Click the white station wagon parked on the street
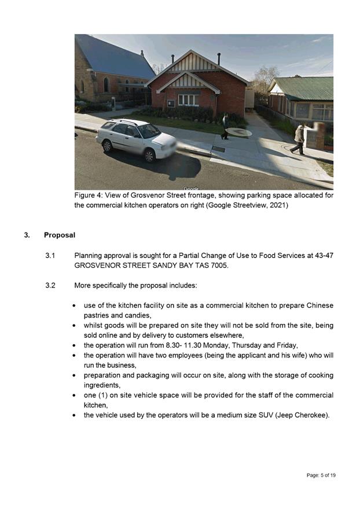137,138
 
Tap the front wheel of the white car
149,154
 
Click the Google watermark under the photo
191,189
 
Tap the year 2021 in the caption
277,205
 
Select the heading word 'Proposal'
60,235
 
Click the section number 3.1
50,255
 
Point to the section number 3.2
50,285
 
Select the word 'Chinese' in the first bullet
319,305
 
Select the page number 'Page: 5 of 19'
321,475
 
